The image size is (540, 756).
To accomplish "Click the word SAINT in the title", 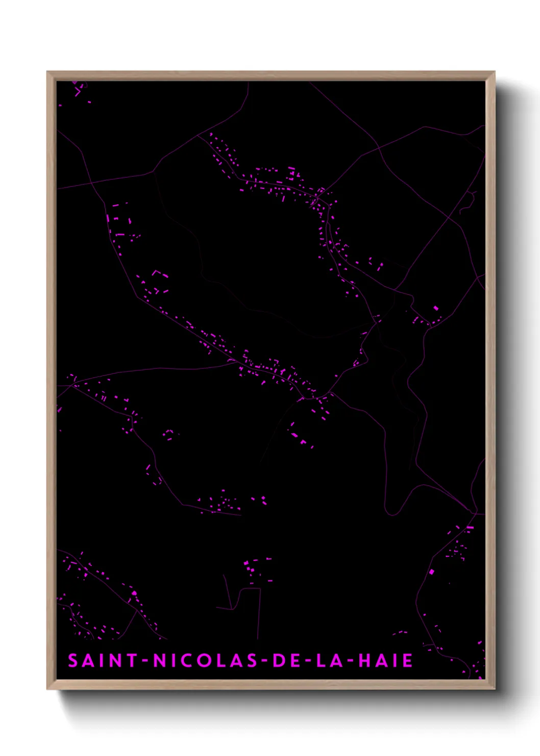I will coord(103,660).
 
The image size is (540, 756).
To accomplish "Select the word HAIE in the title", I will coord(386,660).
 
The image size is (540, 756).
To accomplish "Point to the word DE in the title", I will coord(287,660).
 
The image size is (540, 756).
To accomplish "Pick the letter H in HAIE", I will coord(365,660).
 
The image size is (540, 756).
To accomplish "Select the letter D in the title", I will coord(280,660).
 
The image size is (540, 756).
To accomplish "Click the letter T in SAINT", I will coord(132,660).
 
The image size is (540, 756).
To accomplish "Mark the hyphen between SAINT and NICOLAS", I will coord(145,661).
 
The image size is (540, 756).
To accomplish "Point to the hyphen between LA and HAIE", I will coord(351,661).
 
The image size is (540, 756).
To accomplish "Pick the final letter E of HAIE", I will coord(407,660).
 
